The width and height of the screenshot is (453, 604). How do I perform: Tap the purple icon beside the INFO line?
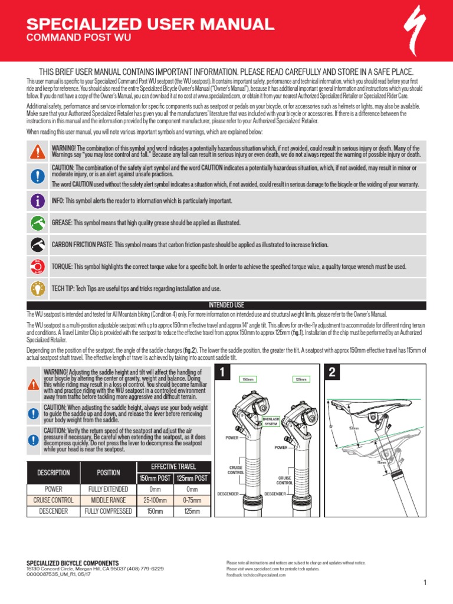pyautogui.click(x=38, y=201)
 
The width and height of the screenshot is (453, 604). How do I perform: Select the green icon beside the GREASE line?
pyautogui.click(x=38, y=223)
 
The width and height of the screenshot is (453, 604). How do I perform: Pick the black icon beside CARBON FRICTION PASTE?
pyautogui.click(x=38, y=245)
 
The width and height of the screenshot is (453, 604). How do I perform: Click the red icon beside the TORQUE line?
pyautogui.click(x=38, y=267)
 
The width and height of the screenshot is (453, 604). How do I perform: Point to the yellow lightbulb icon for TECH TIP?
pyautogui.click(x=38, y=288)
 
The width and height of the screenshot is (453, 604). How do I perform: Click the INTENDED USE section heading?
pyautogui.click(x=226, y=305)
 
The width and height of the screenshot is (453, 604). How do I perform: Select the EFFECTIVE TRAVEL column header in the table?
pyautogui.click(x=173, y=466)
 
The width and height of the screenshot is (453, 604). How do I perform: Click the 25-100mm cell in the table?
pyautogui.click(x=155, y=500)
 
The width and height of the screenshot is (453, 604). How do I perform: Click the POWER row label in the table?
pyautogui.click(x=54, y=489)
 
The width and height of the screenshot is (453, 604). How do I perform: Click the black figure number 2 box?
pyautogui.click(x=331, y=373)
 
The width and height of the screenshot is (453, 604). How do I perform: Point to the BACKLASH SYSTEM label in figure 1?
pyautogui.click(x=270, y=422)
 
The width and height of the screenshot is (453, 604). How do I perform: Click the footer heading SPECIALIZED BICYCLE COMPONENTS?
pyautogui.click(x=73, y=563)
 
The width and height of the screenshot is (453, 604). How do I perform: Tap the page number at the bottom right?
pyautogui.click(x=424, y=583)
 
